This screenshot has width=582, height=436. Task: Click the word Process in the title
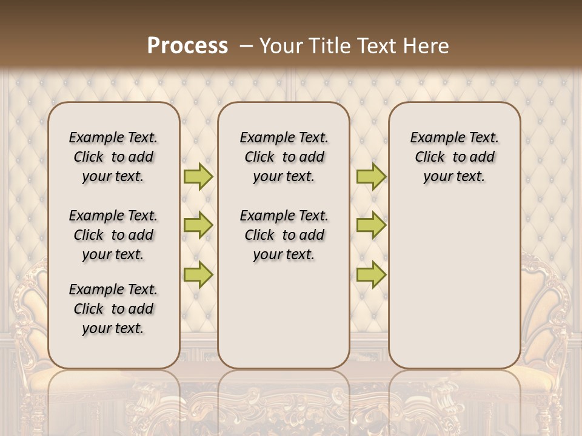point(187,46)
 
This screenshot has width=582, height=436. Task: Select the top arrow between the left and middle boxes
point(198,176)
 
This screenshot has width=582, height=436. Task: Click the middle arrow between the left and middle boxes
point(198,225)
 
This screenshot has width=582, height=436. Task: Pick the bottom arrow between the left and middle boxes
point(198,274)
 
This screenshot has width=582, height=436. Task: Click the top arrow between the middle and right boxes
point(371,176)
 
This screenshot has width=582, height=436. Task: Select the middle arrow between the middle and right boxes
point(371,225)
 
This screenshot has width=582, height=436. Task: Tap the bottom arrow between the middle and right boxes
point(371,274)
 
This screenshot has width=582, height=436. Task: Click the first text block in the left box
point(113,157)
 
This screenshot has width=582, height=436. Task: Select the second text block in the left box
point(113,235)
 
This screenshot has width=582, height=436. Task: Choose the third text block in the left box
point(113,309)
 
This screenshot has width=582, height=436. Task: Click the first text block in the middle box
point(284,157)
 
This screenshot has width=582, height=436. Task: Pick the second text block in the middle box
point(284,235)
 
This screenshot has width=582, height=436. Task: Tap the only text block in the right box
point(454,157)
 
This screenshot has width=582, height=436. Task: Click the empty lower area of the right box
point(454,285)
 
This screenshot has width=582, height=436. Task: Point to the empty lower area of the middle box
point(284,315)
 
